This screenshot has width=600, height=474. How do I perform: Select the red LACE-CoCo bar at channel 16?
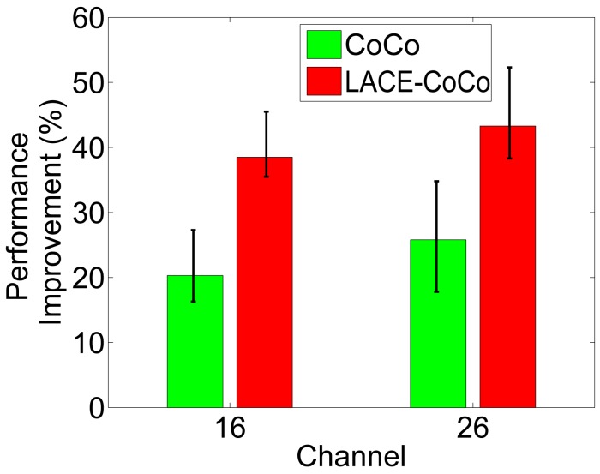pos(265,282)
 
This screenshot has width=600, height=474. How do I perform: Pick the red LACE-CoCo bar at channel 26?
pos(507,267)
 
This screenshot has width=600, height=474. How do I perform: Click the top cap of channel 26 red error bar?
pos(507,67)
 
